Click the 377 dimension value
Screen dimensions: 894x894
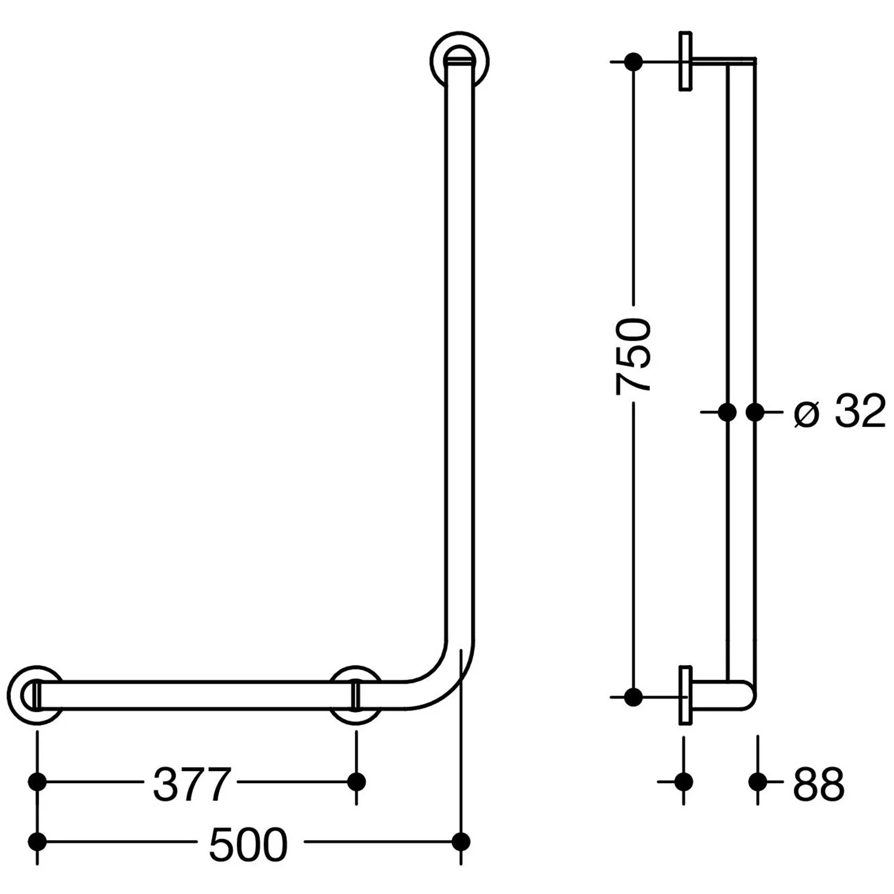point(191,784)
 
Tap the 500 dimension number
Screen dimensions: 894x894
point(248,845)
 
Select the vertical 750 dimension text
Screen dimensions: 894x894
point(633,356)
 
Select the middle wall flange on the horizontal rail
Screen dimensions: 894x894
point(356,696)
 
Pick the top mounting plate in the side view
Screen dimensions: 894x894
point(685,61)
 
